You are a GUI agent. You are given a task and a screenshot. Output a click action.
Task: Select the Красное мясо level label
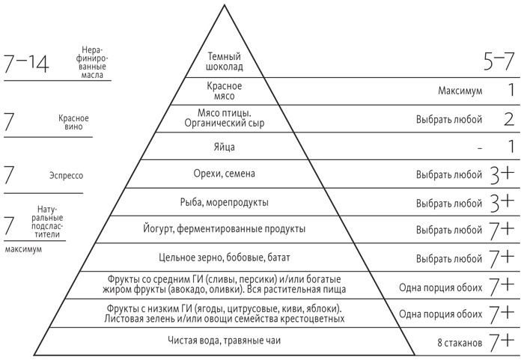coord(225,91)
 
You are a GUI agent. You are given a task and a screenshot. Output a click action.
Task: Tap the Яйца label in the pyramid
coord(225,147)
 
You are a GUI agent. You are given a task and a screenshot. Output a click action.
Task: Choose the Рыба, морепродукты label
coord(225,202)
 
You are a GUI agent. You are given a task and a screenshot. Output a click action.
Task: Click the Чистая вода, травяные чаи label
coord(224,342)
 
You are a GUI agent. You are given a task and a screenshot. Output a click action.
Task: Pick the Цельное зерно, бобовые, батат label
coord(225,258)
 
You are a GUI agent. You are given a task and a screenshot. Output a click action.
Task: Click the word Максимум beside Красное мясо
coord(460,91)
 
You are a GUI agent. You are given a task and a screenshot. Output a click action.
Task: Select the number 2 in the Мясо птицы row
coord(508,119)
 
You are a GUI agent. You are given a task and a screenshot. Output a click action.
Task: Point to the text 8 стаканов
coord(458,343)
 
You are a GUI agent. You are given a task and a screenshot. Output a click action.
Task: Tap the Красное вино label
coord(73,123)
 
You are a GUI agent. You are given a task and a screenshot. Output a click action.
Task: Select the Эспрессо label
coord(65,176)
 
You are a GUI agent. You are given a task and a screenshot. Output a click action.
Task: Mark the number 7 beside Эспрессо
coord(10,176)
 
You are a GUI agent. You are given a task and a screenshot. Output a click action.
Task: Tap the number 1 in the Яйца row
coord(510,147)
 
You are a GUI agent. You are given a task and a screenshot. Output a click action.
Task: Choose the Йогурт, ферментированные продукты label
coord(224,229)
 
